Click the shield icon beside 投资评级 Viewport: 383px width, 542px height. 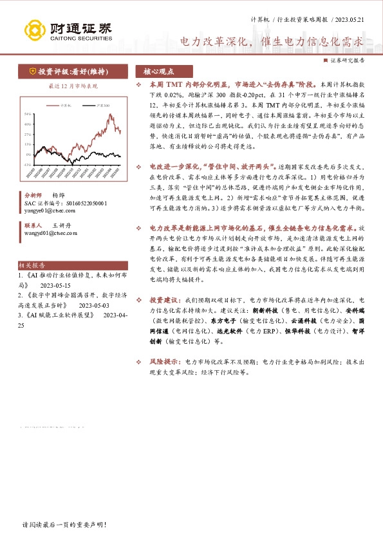32,71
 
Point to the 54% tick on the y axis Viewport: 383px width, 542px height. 28,114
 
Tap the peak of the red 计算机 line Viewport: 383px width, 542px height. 111,115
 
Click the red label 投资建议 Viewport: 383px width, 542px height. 165,300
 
